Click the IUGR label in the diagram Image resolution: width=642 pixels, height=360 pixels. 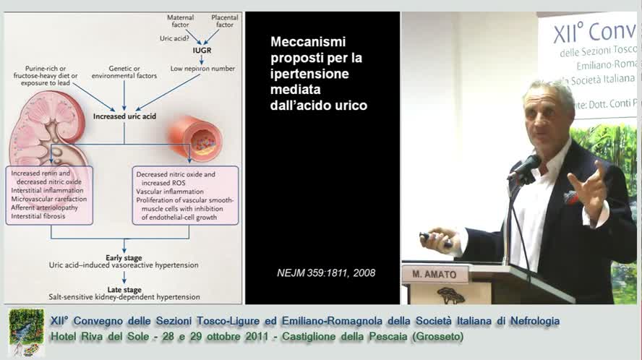click(201, 52)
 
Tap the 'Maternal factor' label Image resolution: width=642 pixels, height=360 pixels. click(180, 20)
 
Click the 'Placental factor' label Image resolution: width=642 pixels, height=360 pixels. click(225, 20)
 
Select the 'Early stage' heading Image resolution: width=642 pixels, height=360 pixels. click(124, 257)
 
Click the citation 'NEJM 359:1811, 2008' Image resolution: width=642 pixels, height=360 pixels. click(326, 273)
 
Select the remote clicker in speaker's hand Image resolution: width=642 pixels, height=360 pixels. click(434, 238)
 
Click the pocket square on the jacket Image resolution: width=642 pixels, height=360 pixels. click(570, 196)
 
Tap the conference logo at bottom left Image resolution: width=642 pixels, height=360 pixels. click(27, 332)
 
